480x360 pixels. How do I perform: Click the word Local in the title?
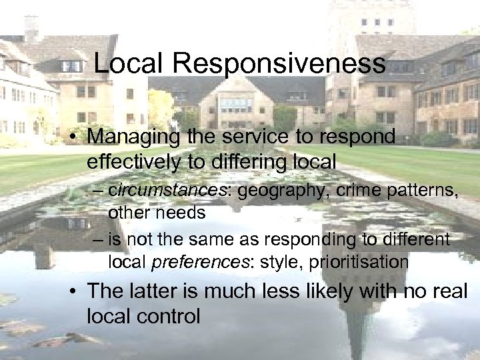128,63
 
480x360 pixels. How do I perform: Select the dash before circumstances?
99,191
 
